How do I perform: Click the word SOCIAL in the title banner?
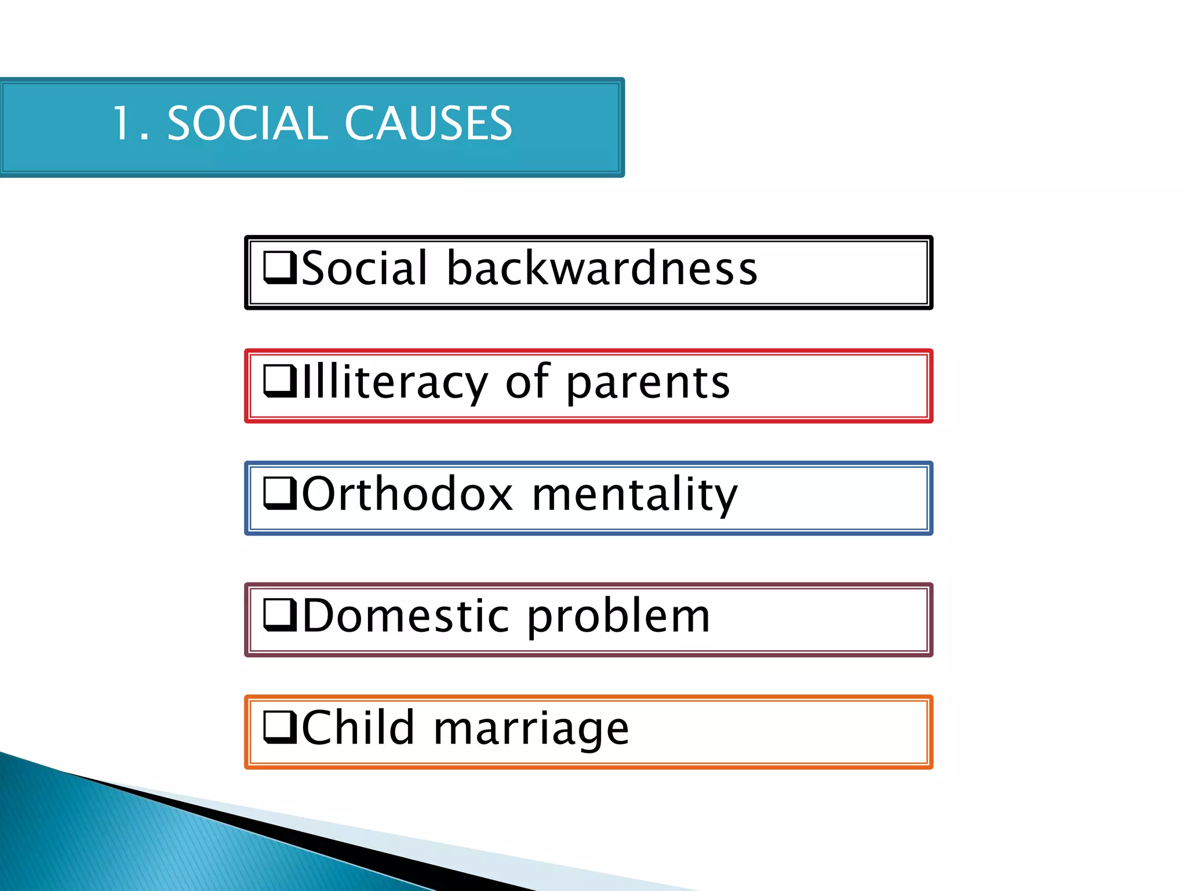[x=245, y=124]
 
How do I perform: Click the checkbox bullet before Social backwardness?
[x=280, y=267]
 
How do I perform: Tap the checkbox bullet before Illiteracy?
[x=280, y=381]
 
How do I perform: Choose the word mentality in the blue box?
[x=635, y=495]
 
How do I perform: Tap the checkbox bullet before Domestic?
[x=280, y=615]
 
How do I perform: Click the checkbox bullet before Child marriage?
[x=280, y=727]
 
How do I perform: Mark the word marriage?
[x=531, y=730]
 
